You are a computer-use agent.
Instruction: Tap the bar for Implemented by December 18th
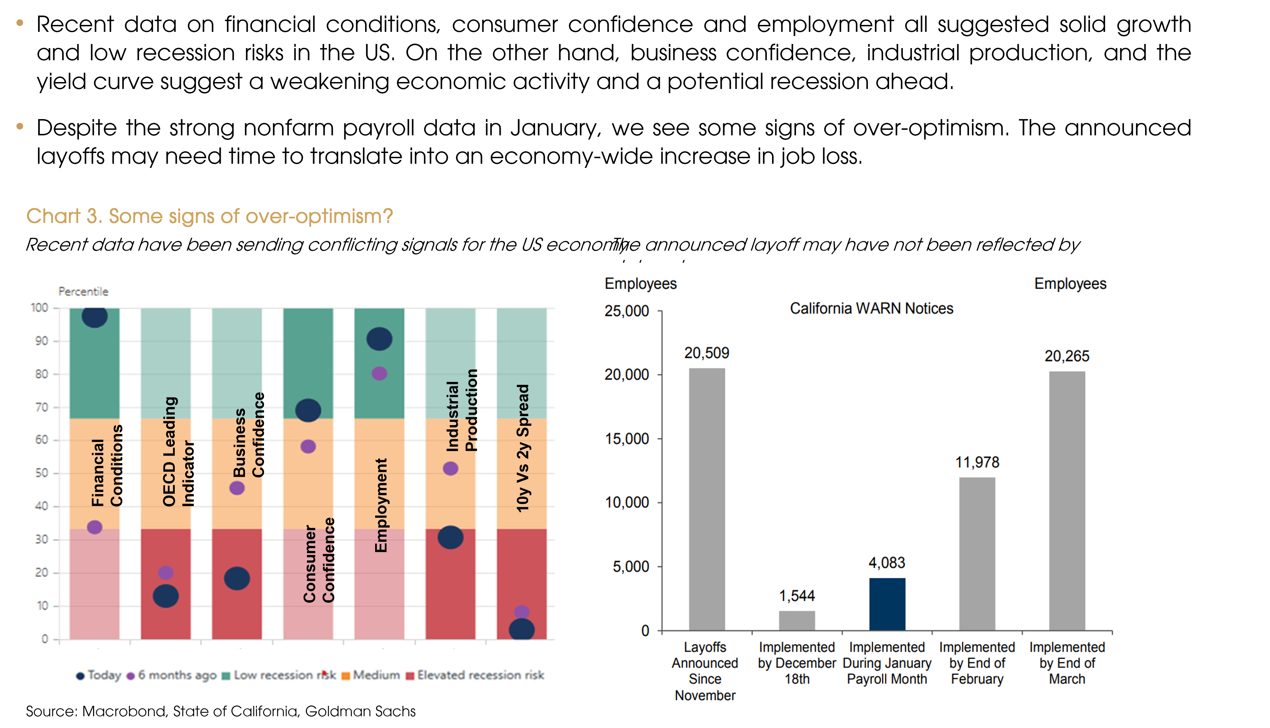coord(797,620)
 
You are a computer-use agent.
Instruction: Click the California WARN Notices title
coord(871,308)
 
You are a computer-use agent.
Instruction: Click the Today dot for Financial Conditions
coord(94,316)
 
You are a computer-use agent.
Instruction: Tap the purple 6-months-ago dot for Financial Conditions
coord(94,527)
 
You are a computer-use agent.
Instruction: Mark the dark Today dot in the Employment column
coord(379,339)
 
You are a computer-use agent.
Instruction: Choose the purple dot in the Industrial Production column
coord(450,468)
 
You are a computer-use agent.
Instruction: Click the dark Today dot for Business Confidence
coord(237,578)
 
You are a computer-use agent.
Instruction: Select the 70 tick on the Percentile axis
coord(42,407)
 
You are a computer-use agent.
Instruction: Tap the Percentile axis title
coord(83,291)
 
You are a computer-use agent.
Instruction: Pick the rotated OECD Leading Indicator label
coord(178,451)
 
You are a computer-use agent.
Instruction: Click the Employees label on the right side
coord(1070,284)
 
